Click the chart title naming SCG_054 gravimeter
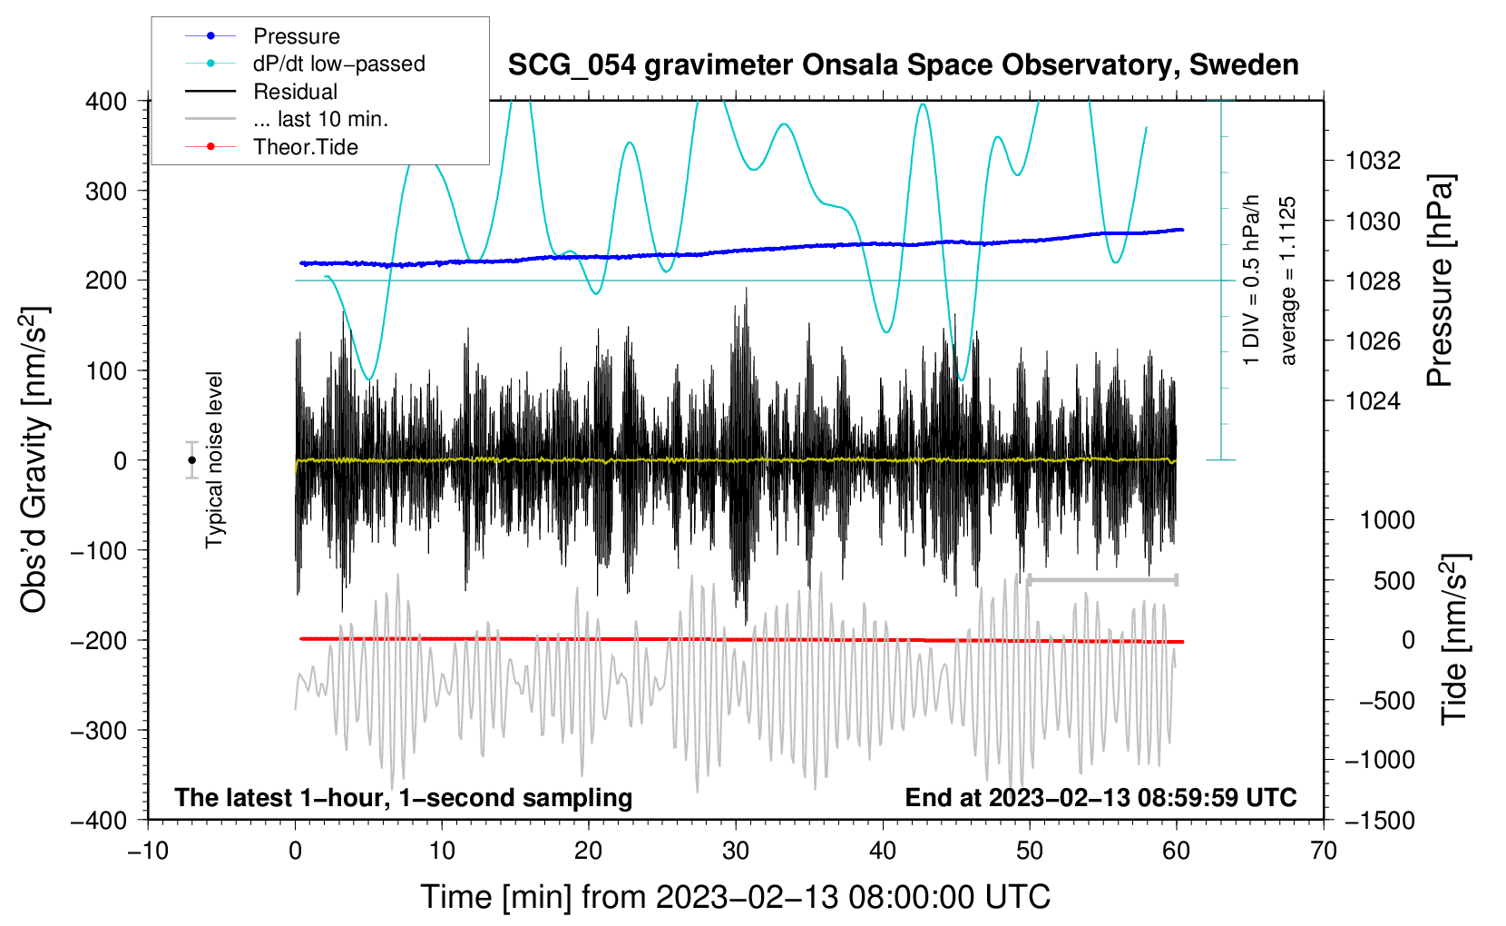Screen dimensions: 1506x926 tap(903, 65)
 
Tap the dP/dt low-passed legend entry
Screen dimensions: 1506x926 tap(305, 64)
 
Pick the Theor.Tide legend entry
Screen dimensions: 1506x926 tap(271, 147)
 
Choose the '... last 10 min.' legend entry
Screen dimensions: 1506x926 tap(287, 119)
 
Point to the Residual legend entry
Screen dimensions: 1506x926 tap(261, 92)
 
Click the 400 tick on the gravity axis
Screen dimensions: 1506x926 tap(106, 102)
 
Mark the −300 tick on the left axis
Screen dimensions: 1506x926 tap(99, 731)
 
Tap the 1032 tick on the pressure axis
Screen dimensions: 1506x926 tap(1373, 161)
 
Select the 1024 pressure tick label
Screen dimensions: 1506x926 tap(1373, 401)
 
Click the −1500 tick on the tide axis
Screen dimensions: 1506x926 tap(1380, 821)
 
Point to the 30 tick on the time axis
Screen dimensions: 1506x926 tap(736, 852)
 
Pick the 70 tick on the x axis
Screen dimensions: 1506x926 tap(1323, 852)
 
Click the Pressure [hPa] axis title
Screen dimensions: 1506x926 tap(1441, 281)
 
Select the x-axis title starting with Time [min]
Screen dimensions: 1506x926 tap(736, 898)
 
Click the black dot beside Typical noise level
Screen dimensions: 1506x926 tap(191, 460)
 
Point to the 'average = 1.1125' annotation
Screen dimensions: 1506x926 tap(1287, 281)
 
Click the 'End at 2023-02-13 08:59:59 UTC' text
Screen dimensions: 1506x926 tap(1100, 797)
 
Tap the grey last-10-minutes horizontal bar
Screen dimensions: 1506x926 tap(1102, 580)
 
